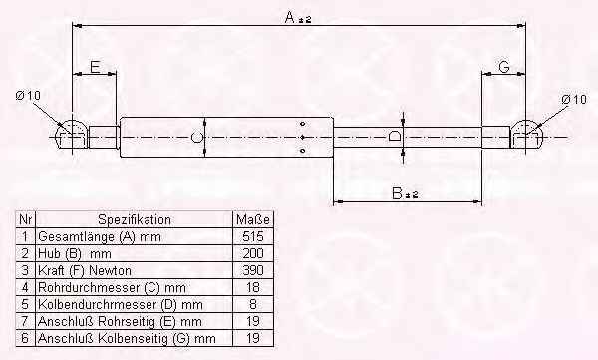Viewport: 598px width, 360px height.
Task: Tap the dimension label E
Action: tap(95, 67)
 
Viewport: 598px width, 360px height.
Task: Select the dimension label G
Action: tap(504, 67)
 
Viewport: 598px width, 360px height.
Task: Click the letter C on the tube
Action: tap(196, 138)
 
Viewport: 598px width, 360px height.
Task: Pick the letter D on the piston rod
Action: tap(395, 137)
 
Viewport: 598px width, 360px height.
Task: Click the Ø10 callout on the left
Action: tap(28, 95)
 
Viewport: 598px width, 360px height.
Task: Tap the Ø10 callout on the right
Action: tap(574, 100)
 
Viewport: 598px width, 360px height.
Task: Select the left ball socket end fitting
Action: tap(72, 135)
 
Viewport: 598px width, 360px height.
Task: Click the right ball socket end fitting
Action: tap(526, 135)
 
